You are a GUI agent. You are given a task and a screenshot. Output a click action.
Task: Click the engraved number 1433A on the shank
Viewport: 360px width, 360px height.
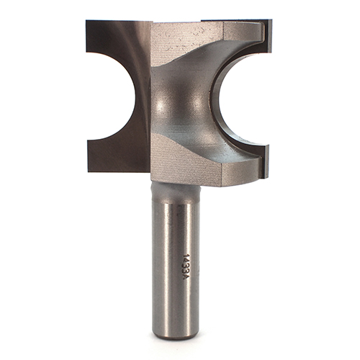pos(186,267)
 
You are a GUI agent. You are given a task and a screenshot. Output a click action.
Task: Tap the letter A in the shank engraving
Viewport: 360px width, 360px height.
pos(186,277)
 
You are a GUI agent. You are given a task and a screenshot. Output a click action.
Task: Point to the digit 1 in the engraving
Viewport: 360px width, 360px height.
pos(186,256)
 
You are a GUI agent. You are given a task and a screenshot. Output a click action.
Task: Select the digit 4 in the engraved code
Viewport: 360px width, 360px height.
pos(186,261)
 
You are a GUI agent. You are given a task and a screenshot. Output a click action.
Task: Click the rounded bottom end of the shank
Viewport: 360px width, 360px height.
pos(176,336)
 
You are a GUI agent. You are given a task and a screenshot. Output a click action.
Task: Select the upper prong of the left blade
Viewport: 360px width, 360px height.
pos(109,36)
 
